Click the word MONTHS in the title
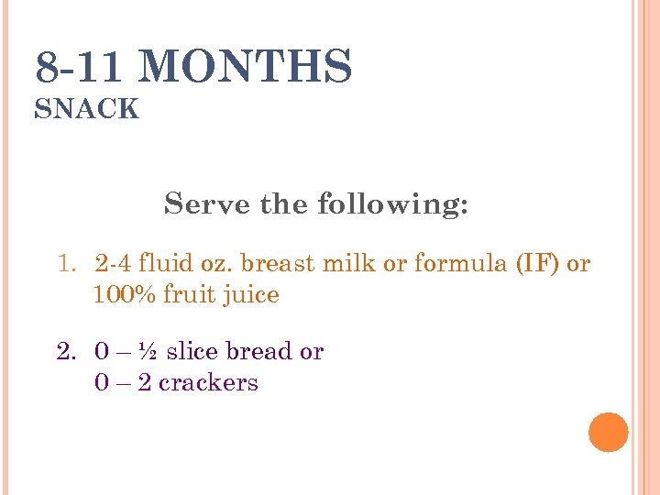point(247,68)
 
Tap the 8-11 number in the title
point(84,68)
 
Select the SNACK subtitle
point(87,110)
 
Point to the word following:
point(392,204)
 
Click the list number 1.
point(65,265)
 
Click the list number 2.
point(65,352)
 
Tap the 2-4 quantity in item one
point(112,265)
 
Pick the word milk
point(356,265)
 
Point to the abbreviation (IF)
point(538,265)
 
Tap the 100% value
point(125,295)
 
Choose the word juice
point(253,296)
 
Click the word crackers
point(208,382)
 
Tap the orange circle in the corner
point(608,432)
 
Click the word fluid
point(164,265)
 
